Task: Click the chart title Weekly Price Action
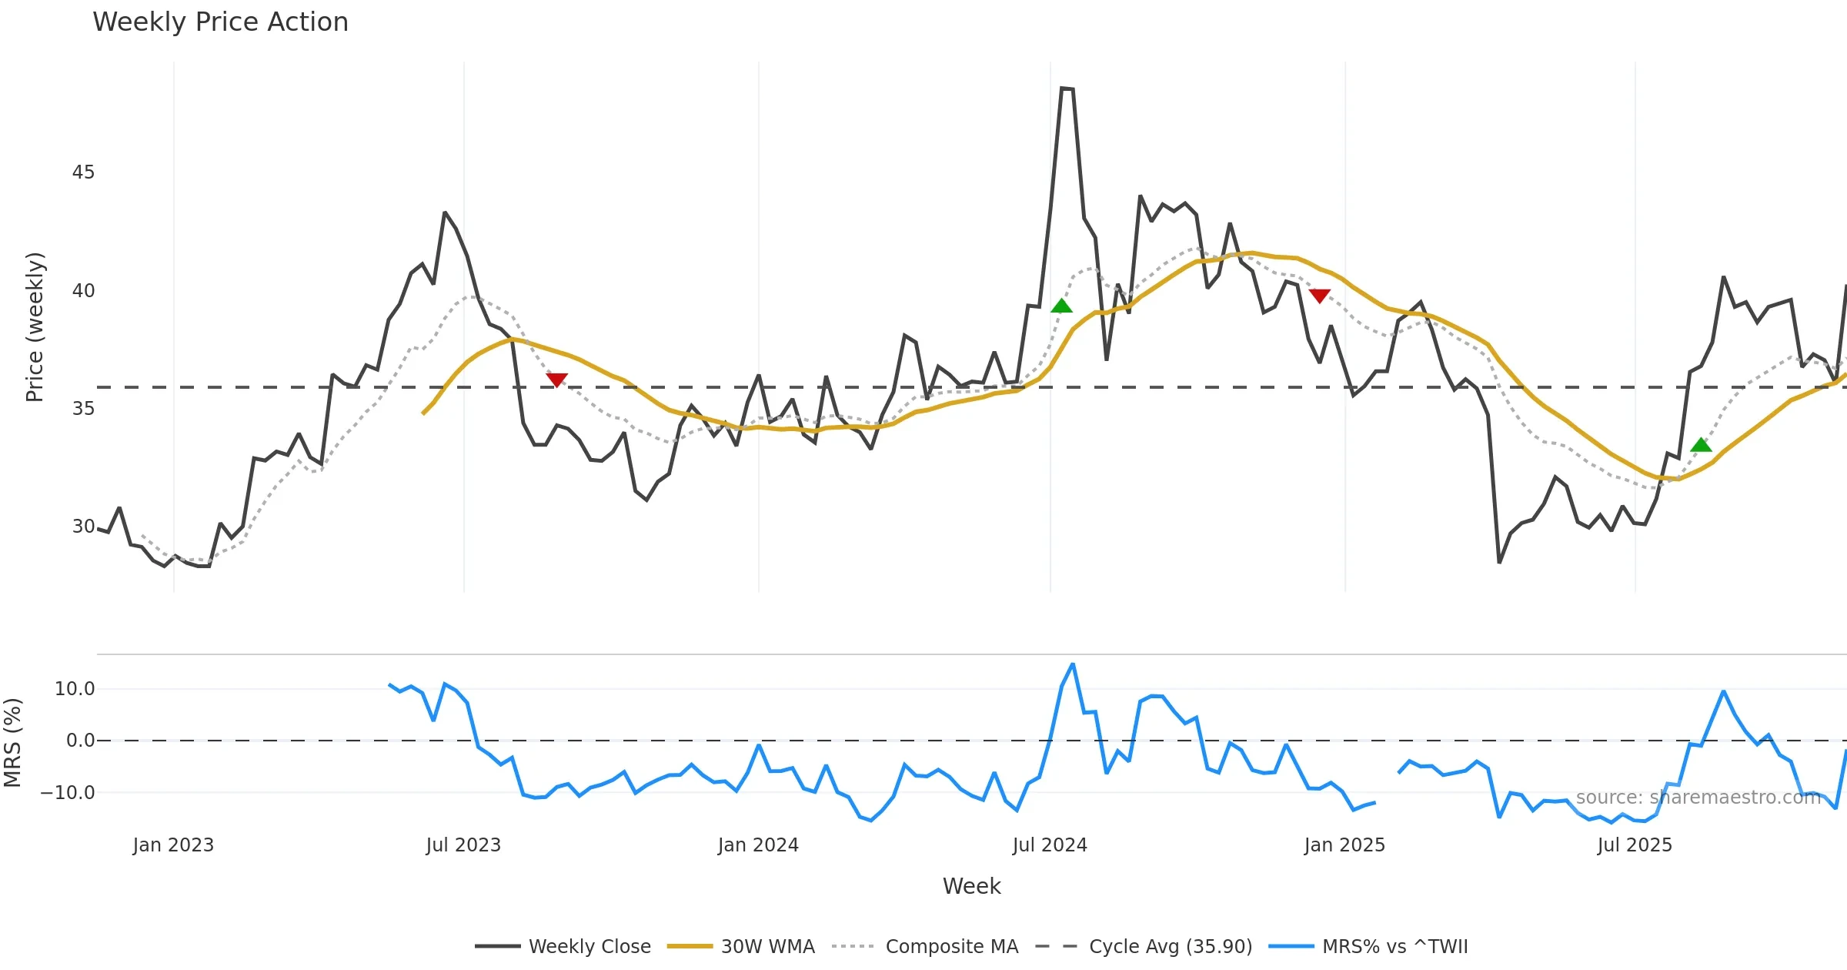(x=220, y=22)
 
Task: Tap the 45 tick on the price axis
(x=83, y=172)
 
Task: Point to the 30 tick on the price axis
(x=83, y=527)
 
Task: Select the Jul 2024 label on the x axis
(x=1050, y=845)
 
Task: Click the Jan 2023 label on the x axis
(x=173, y=845)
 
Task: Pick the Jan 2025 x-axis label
(x=1344, y=845)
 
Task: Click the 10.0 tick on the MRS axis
(x=75, y=689)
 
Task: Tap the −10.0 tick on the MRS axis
(x=68, y=793)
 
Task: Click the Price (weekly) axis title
(x=35, y=327)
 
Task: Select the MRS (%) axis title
(x=13, y=743)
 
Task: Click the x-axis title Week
(x=971, y=887)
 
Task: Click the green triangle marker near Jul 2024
(x=1061, y=306)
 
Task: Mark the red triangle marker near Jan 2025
(x=1320, y=296)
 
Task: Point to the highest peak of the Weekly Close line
(x=1062, y=89)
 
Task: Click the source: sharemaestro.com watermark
(x=1698, y=798)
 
